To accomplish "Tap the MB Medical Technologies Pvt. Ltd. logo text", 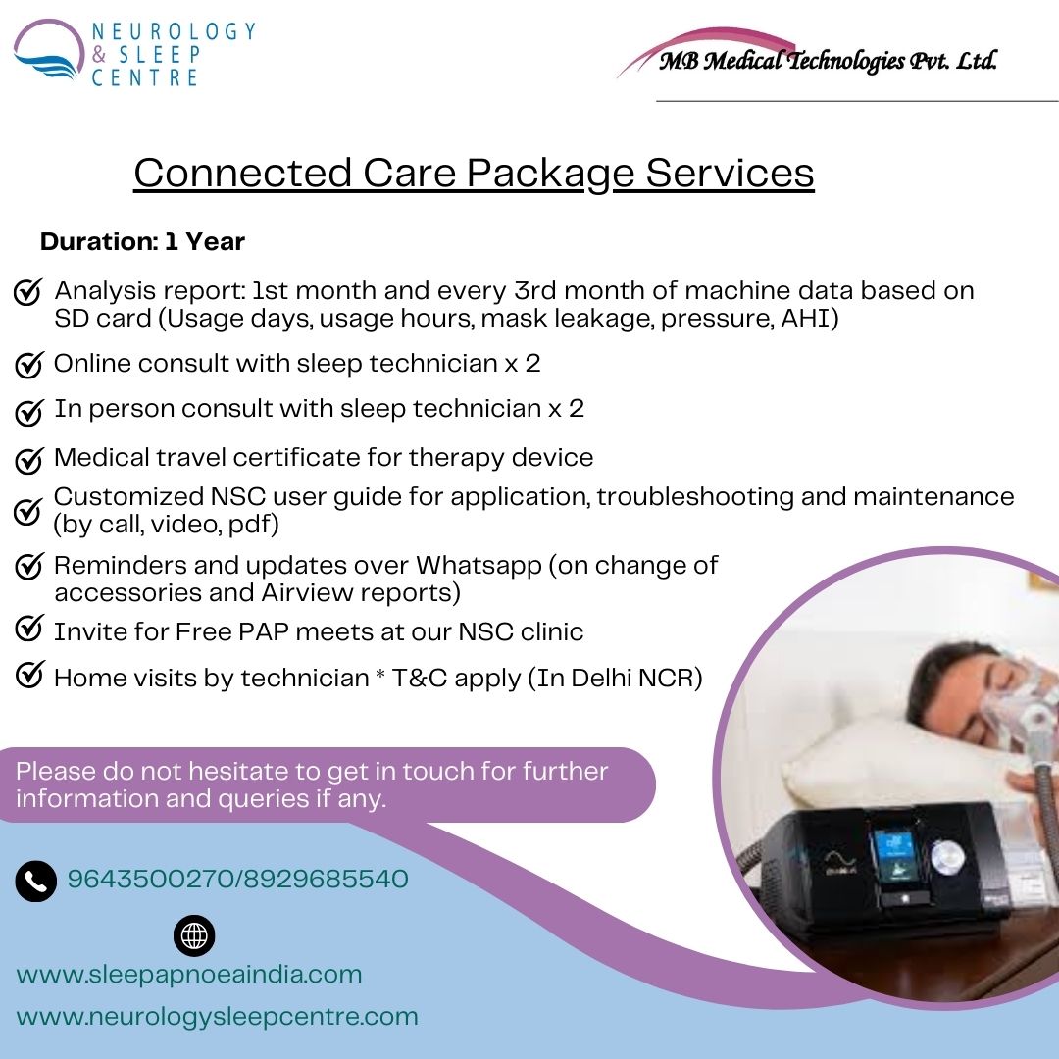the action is click(x=828, y=61).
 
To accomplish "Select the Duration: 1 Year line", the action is click(x=142, y=241).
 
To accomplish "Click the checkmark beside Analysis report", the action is click(x=28, y=292).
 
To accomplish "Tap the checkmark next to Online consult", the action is click(x=29, y=365).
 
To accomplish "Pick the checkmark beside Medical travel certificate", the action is click(x=29, y=460).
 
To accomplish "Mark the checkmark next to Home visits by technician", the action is click(x=29, y=674).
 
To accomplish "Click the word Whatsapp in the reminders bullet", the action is click(x=479, y=566).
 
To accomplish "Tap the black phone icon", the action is click(x=36, y=882).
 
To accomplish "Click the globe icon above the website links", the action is click(x=194, y=935).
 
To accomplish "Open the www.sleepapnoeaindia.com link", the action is click(x=189, y=975).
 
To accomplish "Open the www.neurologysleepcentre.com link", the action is click(x=218, y=1017).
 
